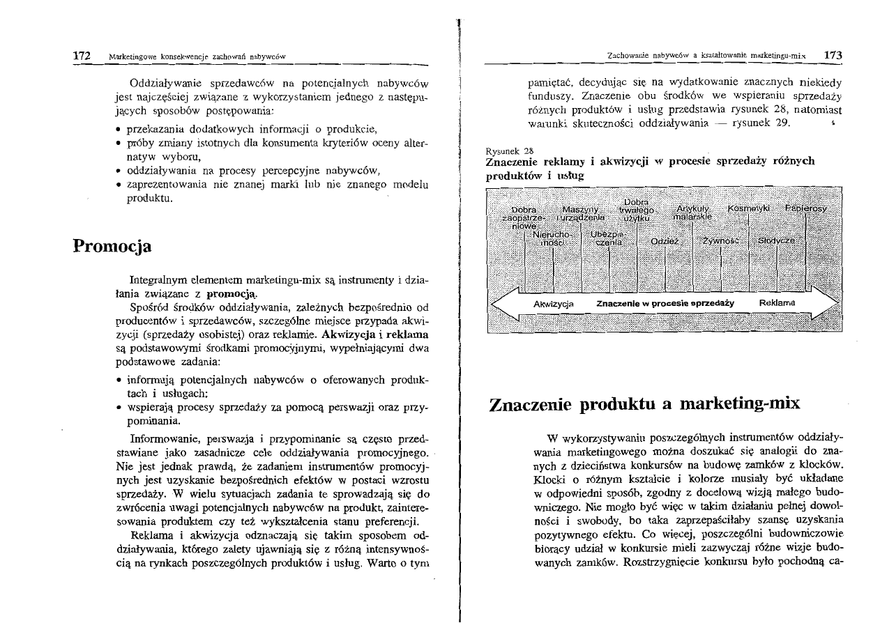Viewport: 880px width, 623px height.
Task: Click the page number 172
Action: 84,54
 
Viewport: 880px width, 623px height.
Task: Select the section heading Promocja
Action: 112,247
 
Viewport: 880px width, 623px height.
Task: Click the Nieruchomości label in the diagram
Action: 552,239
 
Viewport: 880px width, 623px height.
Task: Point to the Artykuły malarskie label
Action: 692,213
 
